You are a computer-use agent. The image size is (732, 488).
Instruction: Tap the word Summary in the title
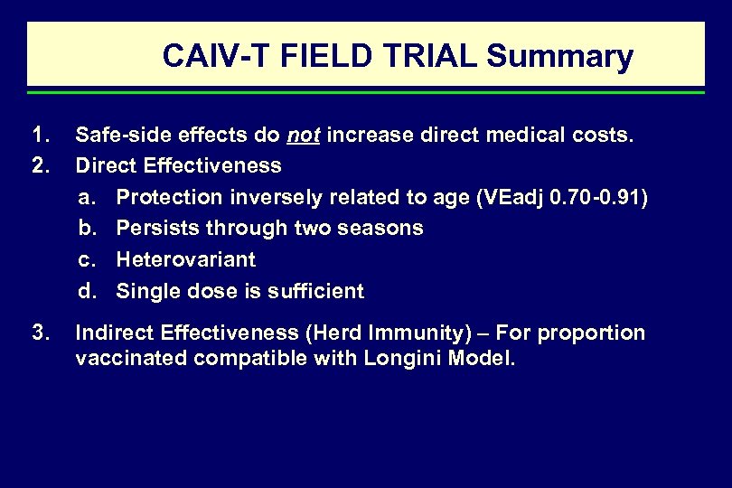[560, 57]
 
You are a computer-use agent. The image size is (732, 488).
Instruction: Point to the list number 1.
[39, 136]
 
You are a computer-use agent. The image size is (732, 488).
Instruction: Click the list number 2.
[39, 166]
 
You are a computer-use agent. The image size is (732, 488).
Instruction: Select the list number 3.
[39, 333]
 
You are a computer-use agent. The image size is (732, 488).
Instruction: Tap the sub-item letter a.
[87, 198]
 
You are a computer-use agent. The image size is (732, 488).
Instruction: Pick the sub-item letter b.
[87, 229]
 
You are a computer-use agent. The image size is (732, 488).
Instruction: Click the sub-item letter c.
[87, 260]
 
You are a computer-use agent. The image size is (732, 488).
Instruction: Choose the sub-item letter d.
[87, 291]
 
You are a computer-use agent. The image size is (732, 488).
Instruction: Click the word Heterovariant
[186, 260]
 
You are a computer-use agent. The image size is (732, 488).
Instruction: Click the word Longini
[407, 359]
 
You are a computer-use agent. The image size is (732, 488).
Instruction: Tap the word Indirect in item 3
[114, 333]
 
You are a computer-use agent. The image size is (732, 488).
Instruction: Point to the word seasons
[384, 229]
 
